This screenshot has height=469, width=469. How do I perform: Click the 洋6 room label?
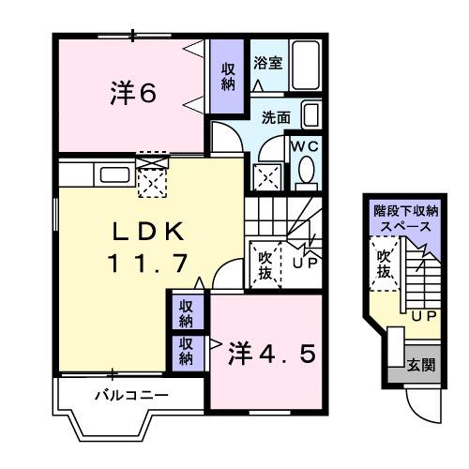click(x=132, y=93)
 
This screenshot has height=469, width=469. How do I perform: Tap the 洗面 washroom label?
click(x=276, y=119)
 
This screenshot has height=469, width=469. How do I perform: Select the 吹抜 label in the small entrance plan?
click(x=384, y=263)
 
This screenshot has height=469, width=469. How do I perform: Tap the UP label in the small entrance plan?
click(x=422, y=316)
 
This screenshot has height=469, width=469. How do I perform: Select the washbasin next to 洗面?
click(x=312, y=117)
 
